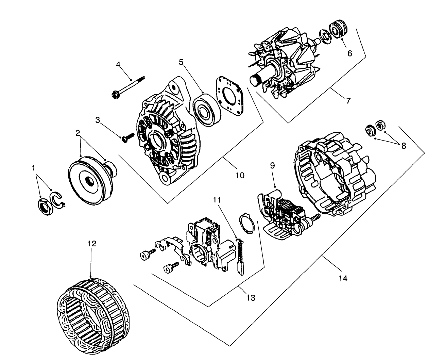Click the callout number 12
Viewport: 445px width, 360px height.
click(x=92, y=244)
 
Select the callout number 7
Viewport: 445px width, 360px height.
click(x=348, y=100)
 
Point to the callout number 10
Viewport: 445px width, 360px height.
click(x=240, y=175)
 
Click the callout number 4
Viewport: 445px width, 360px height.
click(x=118, y=64)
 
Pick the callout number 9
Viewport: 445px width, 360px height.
click(x=272, y=166)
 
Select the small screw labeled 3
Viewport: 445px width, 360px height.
click(x=127, y=137)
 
